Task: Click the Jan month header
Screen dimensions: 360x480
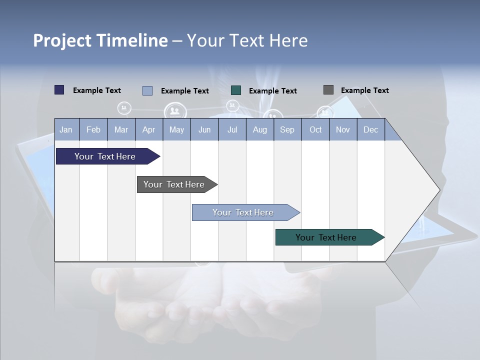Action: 66,129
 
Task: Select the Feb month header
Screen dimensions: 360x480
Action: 93,129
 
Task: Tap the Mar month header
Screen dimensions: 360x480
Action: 121,129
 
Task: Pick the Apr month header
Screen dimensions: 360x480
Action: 148,129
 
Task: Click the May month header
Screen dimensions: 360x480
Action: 176,129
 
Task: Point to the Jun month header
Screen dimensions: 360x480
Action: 204,129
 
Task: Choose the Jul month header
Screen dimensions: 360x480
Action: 232,129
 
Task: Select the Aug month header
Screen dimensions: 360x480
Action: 259,129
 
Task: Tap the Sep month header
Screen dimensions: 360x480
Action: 287,129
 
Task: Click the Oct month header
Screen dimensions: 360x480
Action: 315,129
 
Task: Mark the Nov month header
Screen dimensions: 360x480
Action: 343,129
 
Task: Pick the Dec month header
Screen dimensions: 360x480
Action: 370,129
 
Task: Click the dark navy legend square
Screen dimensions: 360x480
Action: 59,90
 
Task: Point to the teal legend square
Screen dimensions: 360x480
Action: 236,90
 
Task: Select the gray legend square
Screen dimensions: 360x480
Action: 328,90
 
